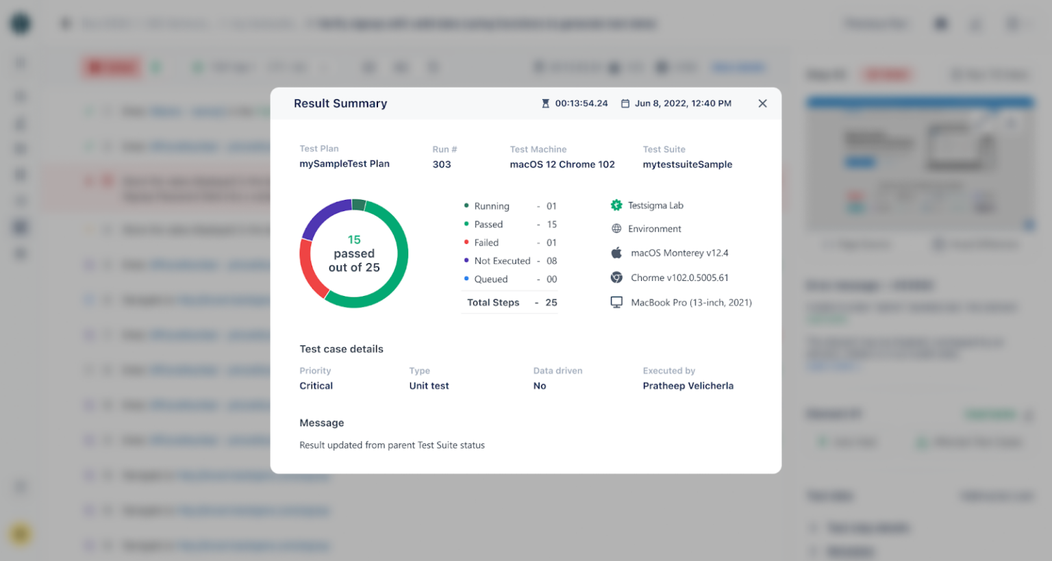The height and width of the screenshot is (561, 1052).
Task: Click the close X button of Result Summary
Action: point(762,103)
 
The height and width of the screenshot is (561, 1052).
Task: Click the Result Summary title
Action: point(340,103)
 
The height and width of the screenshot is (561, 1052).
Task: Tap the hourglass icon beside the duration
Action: point(545,103)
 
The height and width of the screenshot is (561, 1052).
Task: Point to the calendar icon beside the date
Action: point(625,103)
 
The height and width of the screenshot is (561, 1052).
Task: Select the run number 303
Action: point(442,164)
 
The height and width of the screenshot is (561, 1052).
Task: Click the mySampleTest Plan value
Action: point(345,164)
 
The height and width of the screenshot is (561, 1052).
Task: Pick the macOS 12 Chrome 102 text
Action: point(562,164)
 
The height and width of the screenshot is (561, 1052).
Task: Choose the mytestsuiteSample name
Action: point(688,164)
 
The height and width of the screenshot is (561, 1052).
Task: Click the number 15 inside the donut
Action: point(354,240)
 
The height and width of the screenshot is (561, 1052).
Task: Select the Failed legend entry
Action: point(486,242)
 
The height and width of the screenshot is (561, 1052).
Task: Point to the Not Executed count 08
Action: point(552,261)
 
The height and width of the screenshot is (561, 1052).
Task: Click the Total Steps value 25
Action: point(551,302)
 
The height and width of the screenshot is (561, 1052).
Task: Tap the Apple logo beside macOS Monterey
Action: point(616,253)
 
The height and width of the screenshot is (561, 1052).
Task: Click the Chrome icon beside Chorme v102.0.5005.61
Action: point(616,277)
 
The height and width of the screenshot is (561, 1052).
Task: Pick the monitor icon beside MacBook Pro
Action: point(616,302)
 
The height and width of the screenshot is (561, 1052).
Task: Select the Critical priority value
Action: point(316,386)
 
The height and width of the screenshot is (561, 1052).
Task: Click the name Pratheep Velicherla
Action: point(688,386)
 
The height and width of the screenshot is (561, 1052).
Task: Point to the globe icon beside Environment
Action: point(616,229)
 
